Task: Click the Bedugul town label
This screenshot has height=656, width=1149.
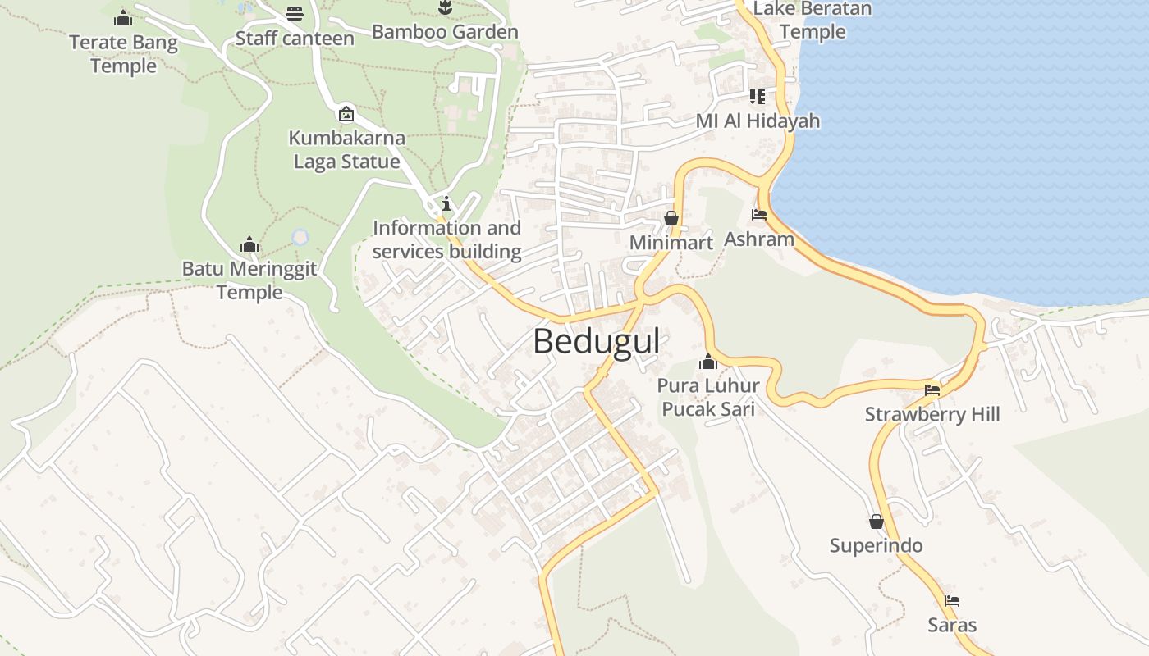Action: pos(596,341)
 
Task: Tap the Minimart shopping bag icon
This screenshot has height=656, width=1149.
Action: pos(671,218)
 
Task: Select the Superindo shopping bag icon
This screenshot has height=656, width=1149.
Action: pos(877,522)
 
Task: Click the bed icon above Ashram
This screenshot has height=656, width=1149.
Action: pos(759,215)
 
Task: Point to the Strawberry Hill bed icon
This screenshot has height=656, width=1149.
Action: pos(932,389)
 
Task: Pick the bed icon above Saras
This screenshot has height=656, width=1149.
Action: pos(952,601)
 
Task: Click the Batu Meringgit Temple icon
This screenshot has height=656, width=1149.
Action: pos(249,244)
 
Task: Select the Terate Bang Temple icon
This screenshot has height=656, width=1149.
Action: pos(123,17)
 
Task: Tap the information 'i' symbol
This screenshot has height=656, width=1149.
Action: pos(446,203)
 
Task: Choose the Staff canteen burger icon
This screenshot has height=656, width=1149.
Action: pos(295,14)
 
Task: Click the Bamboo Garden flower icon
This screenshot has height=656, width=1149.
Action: pos(445,8)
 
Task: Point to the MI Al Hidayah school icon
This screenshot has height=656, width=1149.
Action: pos(758,97)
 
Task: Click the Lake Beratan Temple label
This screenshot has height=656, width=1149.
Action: pos(812,20)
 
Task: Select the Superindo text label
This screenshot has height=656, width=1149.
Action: pos(876,546)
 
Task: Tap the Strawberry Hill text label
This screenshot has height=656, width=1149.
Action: pos(932,414)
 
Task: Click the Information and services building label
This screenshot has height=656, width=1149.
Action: pos(446,239)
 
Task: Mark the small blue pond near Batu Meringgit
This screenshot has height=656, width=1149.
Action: pos(300,237)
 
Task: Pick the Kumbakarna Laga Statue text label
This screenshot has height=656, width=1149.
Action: pos(346,149)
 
